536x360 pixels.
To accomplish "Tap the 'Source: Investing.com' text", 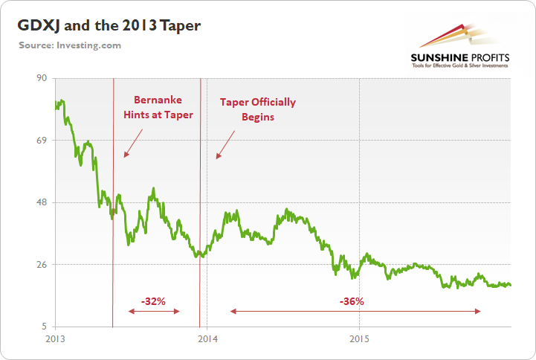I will point(70,45).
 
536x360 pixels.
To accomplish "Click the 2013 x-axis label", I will point(55,338).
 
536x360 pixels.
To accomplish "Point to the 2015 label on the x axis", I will point(359,338).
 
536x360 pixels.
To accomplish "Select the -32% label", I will point(153,301).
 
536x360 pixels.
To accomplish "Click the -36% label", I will point(351,301).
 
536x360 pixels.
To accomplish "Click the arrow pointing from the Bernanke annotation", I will point(133,143).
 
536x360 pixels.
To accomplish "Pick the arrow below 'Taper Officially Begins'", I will point(225,144).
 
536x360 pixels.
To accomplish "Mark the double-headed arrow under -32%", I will point(153,311).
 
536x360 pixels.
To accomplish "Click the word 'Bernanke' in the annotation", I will point(158,100).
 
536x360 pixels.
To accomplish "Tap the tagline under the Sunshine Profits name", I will point(459,65).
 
